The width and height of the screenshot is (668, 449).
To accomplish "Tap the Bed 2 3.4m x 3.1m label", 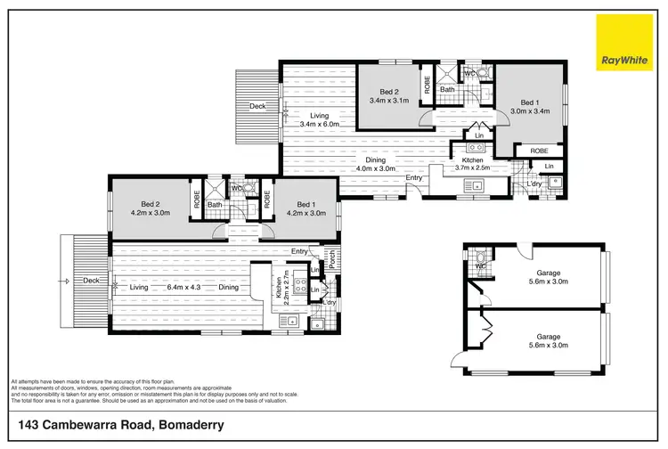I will point(389,95).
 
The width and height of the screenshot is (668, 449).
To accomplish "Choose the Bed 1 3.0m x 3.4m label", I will point(530,106).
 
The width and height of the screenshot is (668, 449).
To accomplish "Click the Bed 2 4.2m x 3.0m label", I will point(149,208).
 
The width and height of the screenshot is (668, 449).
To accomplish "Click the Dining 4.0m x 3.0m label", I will point(374,163).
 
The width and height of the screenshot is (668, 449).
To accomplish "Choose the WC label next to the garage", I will point(479,265).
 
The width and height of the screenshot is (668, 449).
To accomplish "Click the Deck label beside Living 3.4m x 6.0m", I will point(257,106).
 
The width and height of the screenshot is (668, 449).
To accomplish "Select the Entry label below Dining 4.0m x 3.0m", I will point(414,178).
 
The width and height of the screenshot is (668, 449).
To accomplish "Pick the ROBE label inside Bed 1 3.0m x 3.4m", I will point(539,151).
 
